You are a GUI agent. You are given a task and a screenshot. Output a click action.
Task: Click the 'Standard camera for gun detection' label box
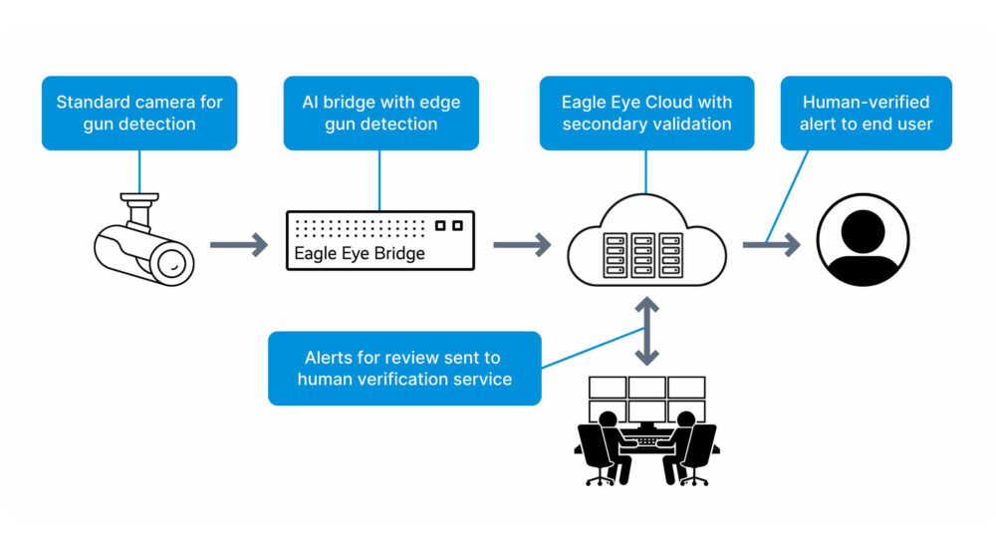(x=139, y=113)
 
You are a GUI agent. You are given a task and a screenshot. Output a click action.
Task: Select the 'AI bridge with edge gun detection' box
(x=381, y=113)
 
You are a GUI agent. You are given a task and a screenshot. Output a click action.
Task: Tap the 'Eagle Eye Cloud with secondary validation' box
(x=646, y=113)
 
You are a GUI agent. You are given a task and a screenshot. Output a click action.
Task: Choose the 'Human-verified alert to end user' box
(x=866, y=113)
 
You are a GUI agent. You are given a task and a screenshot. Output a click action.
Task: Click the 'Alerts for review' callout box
(x=404, y=368)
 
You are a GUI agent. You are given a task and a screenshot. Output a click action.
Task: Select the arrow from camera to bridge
(x=239, y=244)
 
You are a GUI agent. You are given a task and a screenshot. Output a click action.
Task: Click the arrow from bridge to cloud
(x=522, y=244)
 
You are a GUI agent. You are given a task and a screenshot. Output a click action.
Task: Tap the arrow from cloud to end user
(x=771, y=244)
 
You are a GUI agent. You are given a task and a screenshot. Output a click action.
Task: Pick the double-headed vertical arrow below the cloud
(x=647, y=330)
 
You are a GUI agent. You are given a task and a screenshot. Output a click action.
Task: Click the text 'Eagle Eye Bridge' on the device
(x=360, y=253)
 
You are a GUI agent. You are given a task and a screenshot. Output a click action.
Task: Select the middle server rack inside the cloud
(x=643, y=255)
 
